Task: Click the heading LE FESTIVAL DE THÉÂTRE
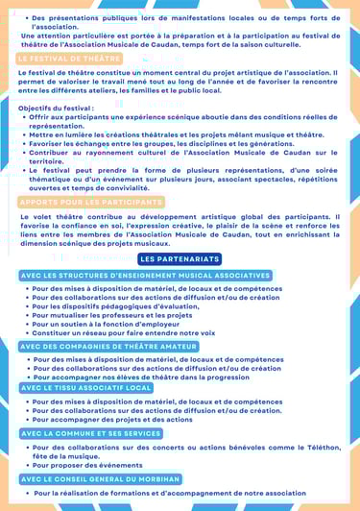69,59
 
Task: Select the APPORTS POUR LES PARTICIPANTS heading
90,202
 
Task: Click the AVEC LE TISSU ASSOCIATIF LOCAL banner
86,387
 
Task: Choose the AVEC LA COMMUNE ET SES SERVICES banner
91,433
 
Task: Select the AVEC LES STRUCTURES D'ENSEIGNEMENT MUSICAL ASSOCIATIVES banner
144,276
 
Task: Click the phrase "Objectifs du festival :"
55,109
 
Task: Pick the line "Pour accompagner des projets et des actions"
112,419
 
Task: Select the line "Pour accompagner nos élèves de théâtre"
140,377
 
